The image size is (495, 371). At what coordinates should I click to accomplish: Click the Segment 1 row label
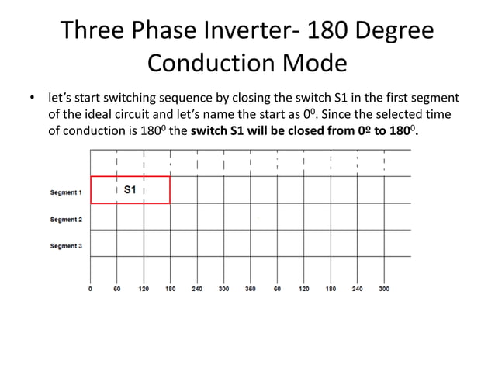tap(66, 192)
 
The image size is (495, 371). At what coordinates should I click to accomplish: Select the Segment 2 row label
tap(66, 220)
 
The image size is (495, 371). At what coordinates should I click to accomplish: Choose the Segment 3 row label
tap(66, 246)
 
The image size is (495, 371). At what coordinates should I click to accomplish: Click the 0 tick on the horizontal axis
tap(91, 288)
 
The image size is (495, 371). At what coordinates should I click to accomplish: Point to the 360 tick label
tap(250, 288)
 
